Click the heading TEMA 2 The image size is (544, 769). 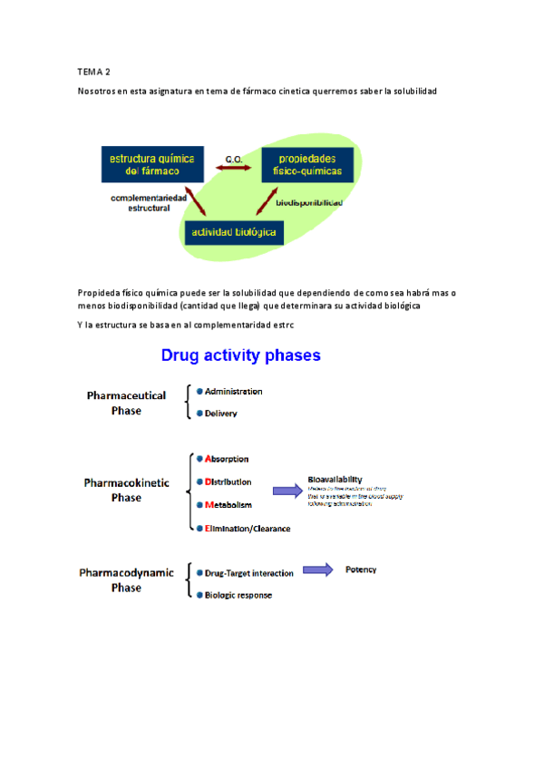click(x=94, y=71)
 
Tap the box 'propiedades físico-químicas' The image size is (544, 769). click(x=305, y=164)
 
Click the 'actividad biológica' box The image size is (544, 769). click(x=234, y=233)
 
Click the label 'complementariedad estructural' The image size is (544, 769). click(x=149, y=201)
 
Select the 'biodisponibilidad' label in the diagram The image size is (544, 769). click(x=308, y=203)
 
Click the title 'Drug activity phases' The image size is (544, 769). click(x=240, y=355)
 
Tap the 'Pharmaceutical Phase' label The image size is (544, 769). click(x=126, y=403)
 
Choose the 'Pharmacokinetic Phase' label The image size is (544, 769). click(x=126, y=490)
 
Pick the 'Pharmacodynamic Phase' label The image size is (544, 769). click(x=126, y=579)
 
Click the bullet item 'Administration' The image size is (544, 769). click(x=233, y=392)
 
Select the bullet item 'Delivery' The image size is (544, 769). click(x=220, y=414)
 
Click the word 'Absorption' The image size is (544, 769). click(x=227, y=459)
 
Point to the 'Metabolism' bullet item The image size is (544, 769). click(x=228, y=505)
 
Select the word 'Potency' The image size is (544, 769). click(x=361, y=569)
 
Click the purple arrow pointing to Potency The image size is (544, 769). click(x=317, y=569)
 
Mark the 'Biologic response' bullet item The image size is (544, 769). click(x=238, y=595)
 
